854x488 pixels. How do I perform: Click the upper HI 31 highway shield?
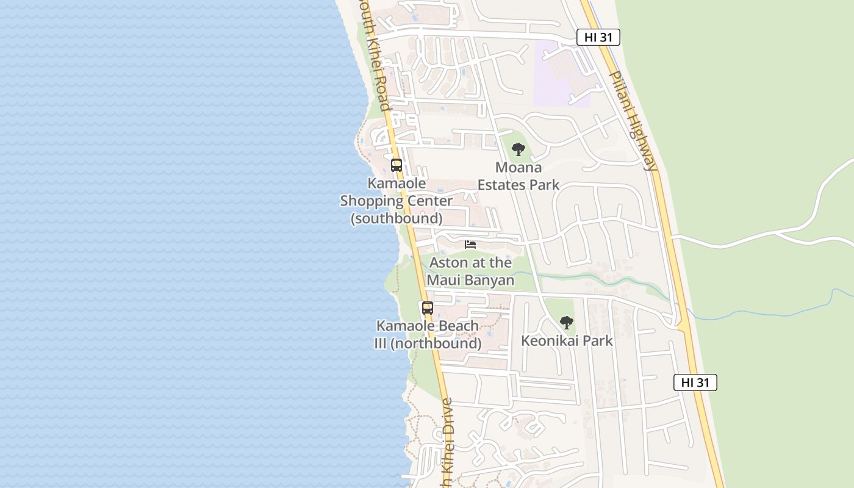[598, 37]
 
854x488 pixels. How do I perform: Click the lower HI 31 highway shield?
[695, 382]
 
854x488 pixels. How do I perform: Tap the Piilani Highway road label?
[634, 120]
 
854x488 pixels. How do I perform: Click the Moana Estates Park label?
[518, 176]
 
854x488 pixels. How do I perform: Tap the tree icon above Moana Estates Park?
[518, 149]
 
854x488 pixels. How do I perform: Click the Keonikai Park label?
[567, 340]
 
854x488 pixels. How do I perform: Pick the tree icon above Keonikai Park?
[567, 323]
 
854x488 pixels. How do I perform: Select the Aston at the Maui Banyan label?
[470, 271]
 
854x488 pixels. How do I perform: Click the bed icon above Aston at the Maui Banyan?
[470, 245]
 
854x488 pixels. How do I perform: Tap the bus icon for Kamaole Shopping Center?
[396, 165]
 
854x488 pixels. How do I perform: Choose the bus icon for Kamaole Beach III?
[428, 308]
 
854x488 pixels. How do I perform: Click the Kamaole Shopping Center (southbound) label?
[396, 201]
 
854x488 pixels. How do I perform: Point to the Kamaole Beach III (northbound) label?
[428, 335]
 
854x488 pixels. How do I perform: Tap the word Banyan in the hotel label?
[488, 281]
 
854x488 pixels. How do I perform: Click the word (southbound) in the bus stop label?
[396, 218]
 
